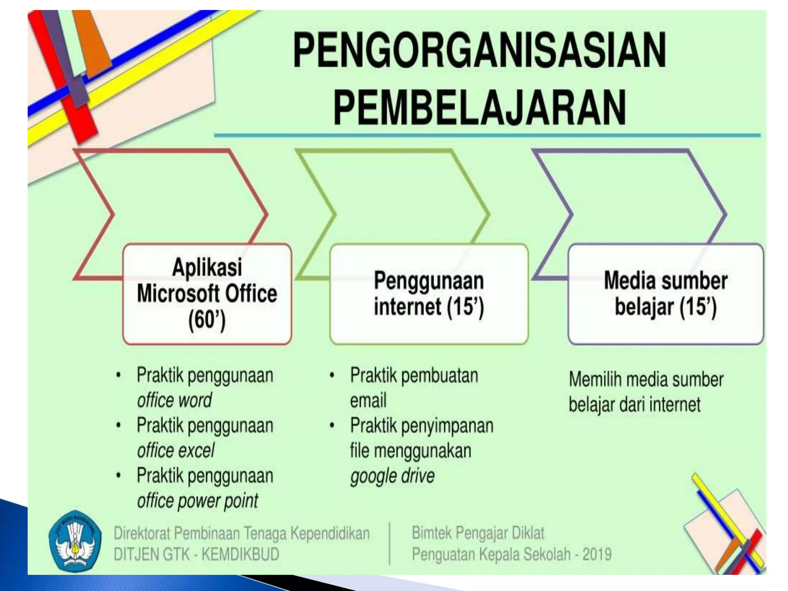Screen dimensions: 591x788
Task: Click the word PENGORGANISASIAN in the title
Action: pos(479,50)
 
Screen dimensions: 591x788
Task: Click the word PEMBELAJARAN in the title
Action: pos(479,106)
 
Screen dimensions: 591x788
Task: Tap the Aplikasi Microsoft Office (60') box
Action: pos(207,294)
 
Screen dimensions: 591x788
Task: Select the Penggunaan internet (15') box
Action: pos(429,294)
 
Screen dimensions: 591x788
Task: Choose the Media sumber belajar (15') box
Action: pos(665,294)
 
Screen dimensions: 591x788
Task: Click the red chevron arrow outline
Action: pos(246,181)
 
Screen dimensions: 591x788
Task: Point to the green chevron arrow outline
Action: pos(467,181)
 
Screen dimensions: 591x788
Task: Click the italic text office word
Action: pos(174,401)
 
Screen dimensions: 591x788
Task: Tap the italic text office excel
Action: pos(175,451)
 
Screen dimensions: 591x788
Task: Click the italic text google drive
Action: pos(392,476)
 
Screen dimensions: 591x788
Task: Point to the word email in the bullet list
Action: pos(368,401)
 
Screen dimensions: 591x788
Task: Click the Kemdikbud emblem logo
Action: pos(75,543)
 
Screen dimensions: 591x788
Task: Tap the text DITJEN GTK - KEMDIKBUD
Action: pos(196,554)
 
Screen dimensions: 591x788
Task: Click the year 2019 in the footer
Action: pos(597,554)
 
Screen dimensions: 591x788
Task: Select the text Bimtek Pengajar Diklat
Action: pos(478,533)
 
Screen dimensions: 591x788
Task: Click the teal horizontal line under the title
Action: pos(487,135)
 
